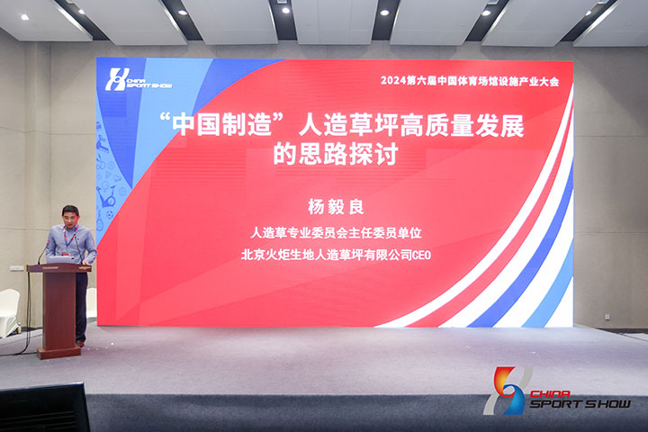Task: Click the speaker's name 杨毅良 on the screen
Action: click(336, 207)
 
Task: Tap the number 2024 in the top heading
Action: click(393, 81)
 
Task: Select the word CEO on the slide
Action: click(422, 255)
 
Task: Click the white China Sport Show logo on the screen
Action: click(138, 80)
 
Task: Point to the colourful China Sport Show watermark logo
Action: click(557, 391)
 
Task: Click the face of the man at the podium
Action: click(71, 216)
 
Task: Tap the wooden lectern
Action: click(59, 310)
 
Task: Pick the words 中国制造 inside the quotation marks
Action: click(222, 125)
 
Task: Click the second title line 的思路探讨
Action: click(336, 154)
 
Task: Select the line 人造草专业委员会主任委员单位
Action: click(336, 233)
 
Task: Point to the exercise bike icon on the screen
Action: click(106, 195)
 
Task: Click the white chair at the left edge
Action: click(9, 312)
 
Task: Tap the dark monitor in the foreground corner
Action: click(44, 408)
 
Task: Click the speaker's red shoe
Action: click(81, 344)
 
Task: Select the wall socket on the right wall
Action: click(607, 317)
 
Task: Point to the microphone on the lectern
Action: click(41, 254)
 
